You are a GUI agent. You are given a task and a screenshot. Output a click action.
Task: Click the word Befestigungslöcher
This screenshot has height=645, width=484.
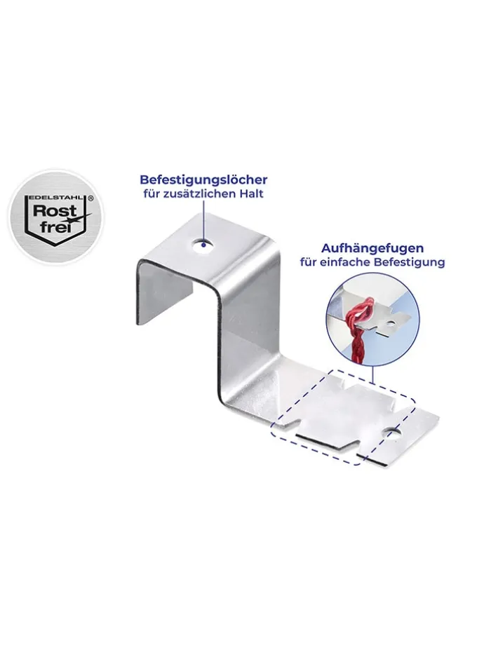tap(203, 180)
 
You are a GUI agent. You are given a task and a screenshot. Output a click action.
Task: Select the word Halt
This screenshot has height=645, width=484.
tap(252, 193)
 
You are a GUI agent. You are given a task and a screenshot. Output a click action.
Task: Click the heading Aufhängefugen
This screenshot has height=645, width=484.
tap(372, 248)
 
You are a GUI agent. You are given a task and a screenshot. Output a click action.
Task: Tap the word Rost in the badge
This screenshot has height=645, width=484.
tap(55, 211)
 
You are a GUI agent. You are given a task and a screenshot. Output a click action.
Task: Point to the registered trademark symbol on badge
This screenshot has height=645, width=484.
tap(91, 198)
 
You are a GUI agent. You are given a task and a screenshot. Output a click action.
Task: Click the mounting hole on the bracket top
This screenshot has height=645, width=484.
tap(203, 245)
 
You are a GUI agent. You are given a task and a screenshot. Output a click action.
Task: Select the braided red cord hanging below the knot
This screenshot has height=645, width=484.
tap(357, 341)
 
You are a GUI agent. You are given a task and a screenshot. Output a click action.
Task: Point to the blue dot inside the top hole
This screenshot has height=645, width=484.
tap(203, 245)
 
